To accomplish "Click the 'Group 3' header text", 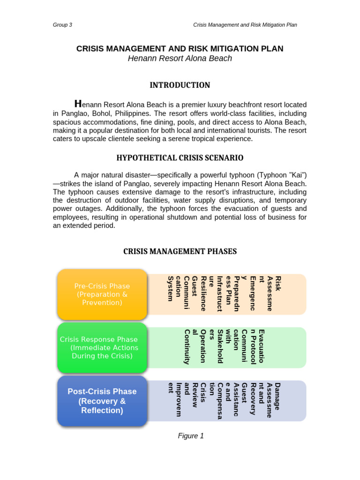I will click(x=62, y=25).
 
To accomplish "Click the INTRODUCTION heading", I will click(x=180, y=85).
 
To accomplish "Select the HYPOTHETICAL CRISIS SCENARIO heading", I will click(x=180, y=158).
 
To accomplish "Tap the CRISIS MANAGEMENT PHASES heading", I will click(x=180, y=252).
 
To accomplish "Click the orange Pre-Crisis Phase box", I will click(x=102, y=294).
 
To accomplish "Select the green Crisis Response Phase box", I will click(x=102, y=347).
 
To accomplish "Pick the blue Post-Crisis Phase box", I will click(x=102, y=401).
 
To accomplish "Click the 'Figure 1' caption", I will click(x=191, y=436).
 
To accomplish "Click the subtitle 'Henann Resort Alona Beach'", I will click(x=180, y=59).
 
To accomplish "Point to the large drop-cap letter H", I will click(x=78, y=104).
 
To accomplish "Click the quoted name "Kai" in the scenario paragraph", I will click(x=298, y=175).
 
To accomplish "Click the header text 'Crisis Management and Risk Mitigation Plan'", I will click(x=245, y=25).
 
